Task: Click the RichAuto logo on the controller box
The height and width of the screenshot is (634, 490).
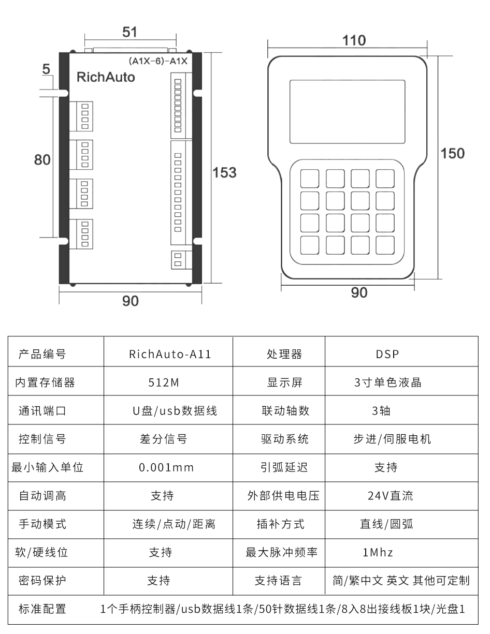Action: click(x=105, y=78)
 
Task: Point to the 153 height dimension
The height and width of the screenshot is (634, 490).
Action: click(x=224, y=172)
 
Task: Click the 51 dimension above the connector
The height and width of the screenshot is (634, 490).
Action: click(x=129, y=32)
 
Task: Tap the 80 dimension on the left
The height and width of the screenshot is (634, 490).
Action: click(x=42, y=160)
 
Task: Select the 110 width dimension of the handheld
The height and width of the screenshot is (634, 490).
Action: click(x=354, y=40)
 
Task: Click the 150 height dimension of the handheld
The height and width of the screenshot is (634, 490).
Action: click(x=452, y=154)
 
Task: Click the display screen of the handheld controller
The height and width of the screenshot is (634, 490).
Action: click(x=347, y=111)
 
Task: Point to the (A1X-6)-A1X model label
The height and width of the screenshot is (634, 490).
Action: click(x=158, y=61)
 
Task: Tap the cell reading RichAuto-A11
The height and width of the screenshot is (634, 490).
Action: click(x=170, y=355)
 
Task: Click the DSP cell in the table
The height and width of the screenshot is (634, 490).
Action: click(x=387, y=355)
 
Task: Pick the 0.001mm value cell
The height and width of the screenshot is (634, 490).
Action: click(x=166, y=468)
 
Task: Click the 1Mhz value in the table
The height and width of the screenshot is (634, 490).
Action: click(x=378, y=553)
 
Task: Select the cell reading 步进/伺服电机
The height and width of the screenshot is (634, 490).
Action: click(x=392, y=439)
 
